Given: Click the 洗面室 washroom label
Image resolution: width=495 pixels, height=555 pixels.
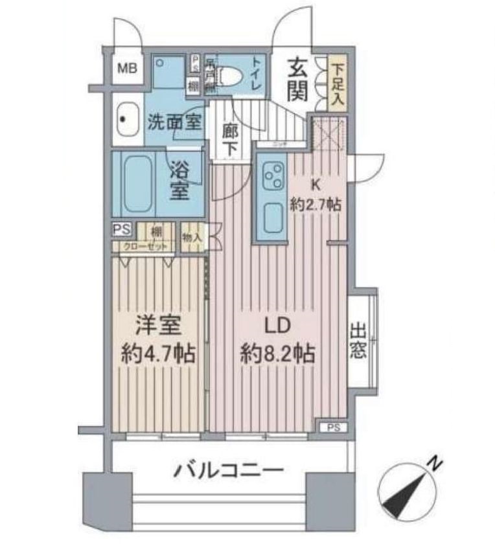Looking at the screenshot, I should [x=174, y=122].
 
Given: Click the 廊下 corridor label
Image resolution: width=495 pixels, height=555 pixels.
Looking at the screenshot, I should [x=230, y=138].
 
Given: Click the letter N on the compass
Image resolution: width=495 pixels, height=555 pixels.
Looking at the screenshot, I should [x=436, y=464].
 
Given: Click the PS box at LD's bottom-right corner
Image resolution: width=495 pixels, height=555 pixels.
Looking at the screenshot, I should [x=332, y=427].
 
